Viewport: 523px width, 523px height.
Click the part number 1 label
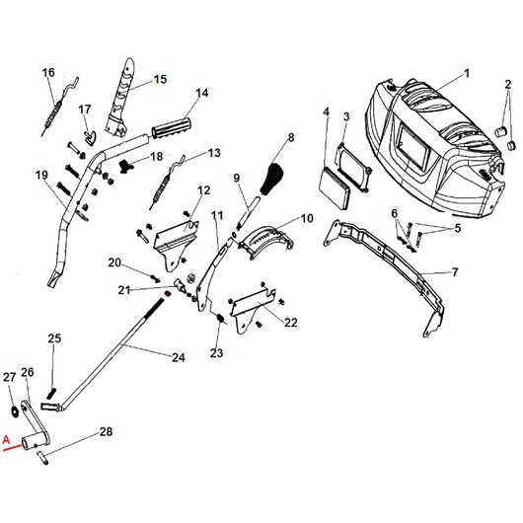(467, 72)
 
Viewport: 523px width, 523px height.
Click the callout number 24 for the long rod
(178, 356)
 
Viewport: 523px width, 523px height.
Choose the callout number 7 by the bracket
(454, 272)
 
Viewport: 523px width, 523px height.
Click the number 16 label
(48, 72)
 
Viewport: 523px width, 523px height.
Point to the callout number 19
(41, 175)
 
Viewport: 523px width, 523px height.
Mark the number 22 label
(290, 323)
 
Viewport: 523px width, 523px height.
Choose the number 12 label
(203, 190)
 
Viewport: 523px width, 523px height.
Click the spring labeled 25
(55, 369)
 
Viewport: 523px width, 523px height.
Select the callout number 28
(106, 432)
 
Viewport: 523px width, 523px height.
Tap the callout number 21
(123, 289)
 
